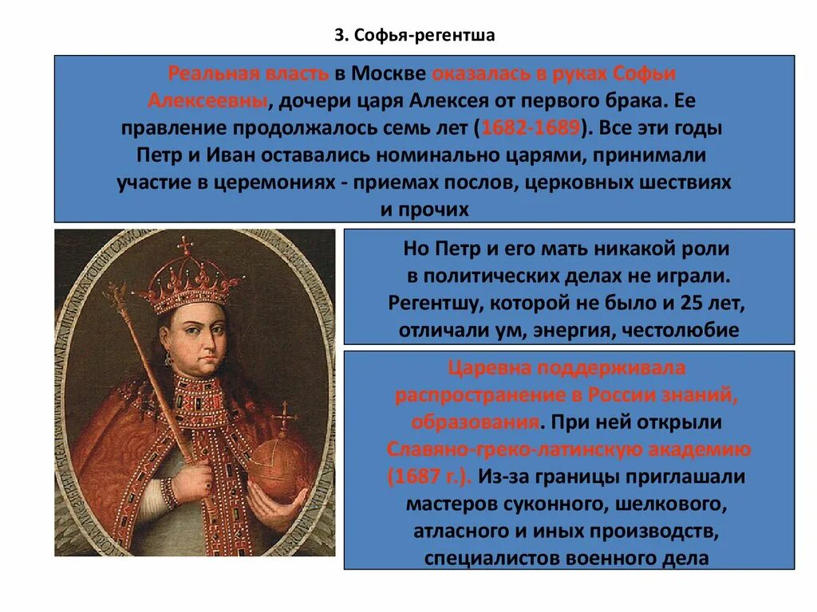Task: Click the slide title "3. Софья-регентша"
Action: click(414, 36)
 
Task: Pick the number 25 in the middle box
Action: click(691, 304)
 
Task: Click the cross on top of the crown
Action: click(187, 245)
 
